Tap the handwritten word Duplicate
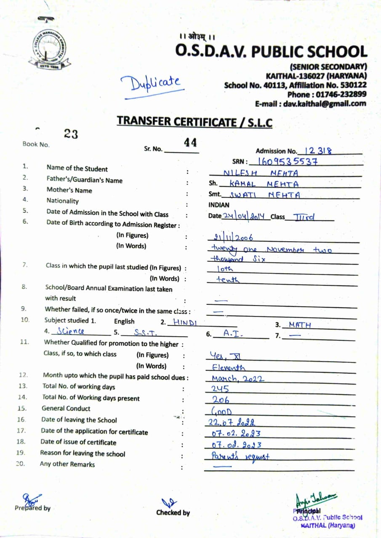tap(153, 84)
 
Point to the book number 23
tap(71, 134)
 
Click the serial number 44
tap(190, 143)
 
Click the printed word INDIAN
tap(219, 205)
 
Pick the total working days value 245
tap(220, 389)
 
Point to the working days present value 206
tap(221, 400)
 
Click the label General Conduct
tap(66, 408)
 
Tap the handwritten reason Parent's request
tap(240, 456)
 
